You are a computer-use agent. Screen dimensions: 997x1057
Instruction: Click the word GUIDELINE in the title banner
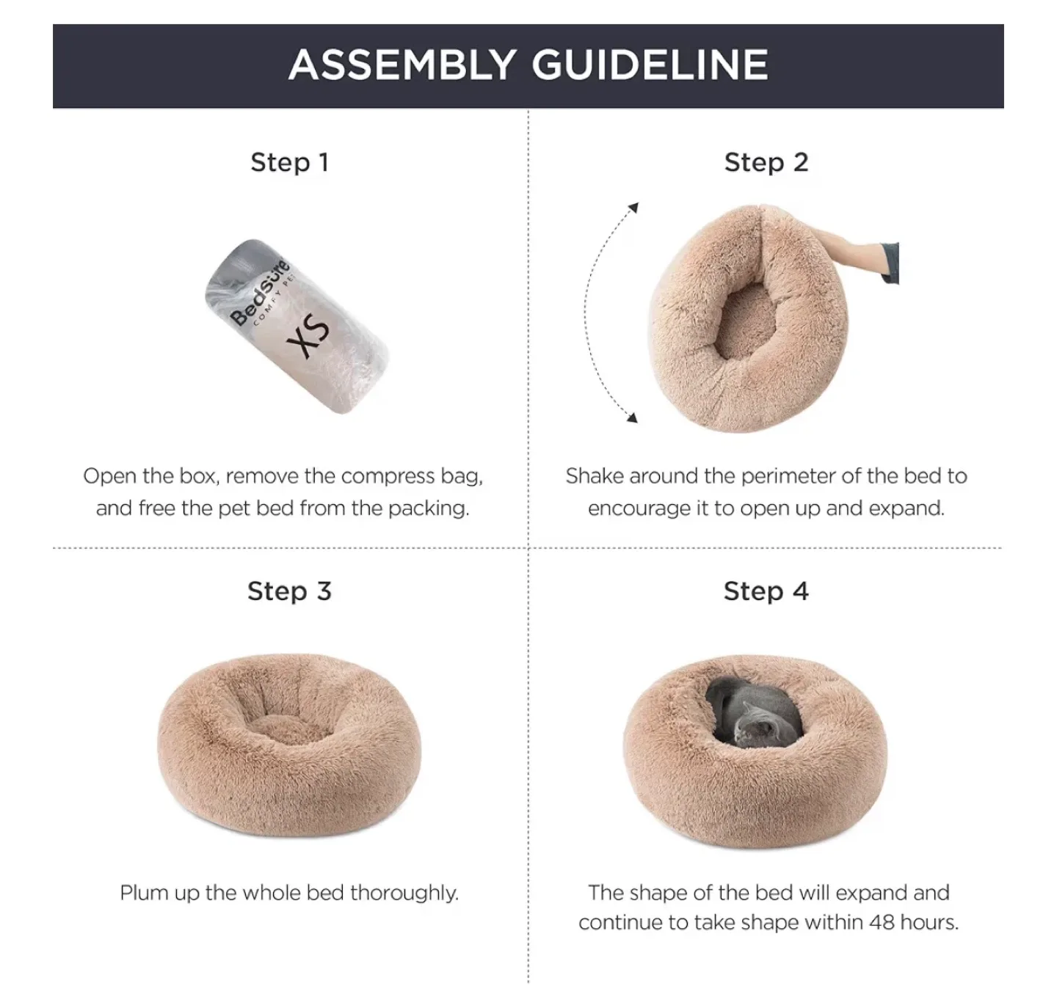click(650, 65)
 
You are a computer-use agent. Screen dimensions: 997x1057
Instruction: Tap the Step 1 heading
click(289, 162)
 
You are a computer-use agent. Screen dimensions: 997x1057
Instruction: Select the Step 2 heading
click(766, 162)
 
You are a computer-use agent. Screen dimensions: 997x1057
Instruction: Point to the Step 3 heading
click(289, 591)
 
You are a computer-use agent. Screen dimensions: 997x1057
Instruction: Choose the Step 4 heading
click(766, 591)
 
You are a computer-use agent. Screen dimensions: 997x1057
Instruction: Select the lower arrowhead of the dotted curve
click(631, 417)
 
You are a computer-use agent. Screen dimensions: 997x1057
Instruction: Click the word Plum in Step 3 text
click(138, 893)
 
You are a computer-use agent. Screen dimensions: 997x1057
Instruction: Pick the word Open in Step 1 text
click(109, 476)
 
